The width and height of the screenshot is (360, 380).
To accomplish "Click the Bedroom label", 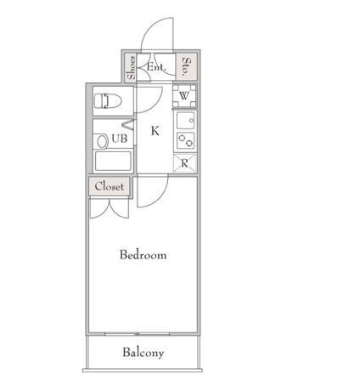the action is [x=143, y=254].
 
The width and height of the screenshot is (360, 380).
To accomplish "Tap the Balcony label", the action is [x=143, y=353].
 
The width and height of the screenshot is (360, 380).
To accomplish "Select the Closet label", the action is [x=110, y=186].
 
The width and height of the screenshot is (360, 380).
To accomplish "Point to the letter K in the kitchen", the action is [x=155, y=131].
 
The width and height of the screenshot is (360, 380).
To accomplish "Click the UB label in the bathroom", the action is [x=120, y=139].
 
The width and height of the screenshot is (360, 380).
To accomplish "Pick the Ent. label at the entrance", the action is [x=156, y=67].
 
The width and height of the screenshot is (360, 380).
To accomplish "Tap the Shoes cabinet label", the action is [x=132, y=68].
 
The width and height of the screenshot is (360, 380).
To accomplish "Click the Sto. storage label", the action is [x=187, y=67].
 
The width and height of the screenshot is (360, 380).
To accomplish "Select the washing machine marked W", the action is [x=184, y=96].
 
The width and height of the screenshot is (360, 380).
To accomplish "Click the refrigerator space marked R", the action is [x=184, y=163].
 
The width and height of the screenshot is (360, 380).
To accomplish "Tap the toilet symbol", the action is [x=108, y=101].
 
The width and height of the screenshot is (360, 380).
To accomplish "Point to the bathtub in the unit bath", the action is [x=113, y=162].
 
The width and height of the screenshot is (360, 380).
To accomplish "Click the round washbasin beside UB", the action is [x=102, y=141].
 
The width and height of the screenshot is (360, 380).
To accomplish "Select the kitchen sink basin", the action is [x=185, y=121].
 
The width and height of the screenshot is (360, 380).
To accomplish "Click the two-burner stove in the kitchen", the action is [x=186, y=140].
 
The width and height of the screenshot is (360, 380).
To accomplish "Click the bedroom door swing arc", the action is [x=161, y=198].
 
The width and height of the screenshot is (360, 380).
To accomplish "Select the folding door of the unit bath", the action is [x=128, y=125].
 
